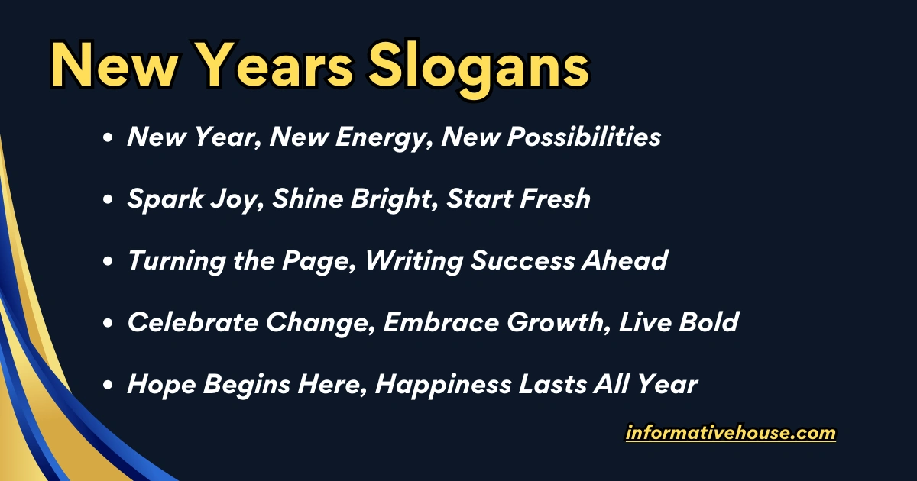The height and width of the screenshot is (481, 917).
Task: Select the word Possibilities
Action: pos(584,137)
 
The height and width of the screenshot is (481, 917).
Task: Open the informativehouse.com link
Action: pos(731,434)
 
